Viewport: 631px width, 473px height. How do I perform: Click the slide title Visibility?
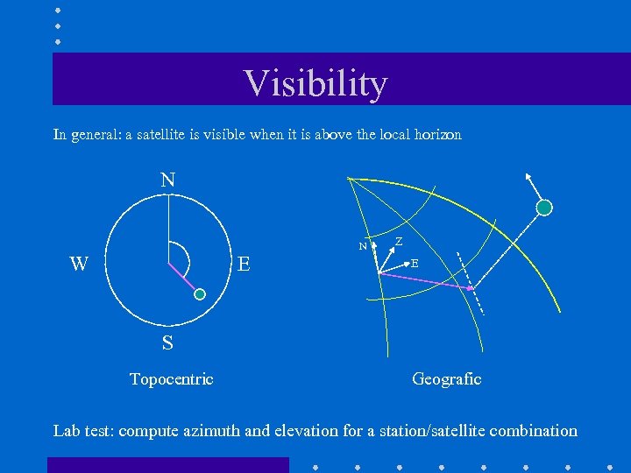click(315, 83)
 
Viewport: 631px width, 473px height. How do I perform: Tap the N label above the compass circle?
click(167, 180)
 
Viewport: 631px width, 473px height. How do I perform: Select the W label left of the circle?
click(79, 264)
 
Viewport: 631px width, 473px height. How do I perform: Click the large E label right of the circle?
click(244, 264)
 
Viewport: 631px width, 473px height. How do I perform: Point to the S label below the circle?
click(167, 343)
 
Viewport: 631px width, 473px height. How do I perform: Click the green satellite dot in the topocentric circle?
click(200, 295)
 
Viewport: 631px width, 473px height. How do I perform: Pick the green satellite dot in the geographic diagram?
click(544, 208)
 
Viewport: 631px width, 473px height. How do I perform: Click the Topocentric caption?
click(171, 379)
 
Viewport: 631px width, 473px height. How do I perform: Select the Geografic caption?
click(446, 379)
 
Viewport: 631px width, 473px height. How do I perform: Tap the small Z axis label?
click(399, 241)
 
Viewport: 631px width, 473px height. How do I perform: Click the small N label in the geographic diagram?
click(362, 247)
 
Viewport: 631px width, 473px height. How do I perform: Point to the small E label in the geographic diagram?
click(415, 263)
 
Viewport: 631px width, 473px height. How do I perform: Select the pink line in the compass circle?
click(184, 280)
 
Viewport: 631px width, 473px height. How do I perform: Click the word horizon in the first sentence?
click(435, 135)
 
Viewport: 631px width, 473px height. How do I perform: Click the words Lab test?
click(84, 431)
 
